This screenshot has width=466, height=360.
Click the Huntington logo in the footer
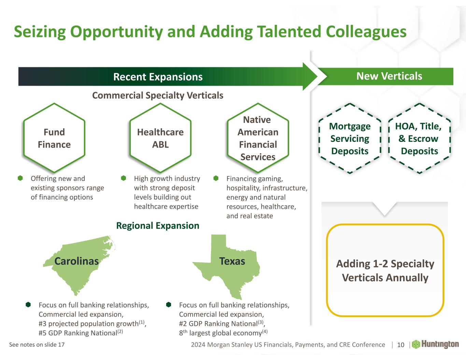(435, 344)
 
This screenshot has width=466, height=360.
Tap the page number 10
(400, 345)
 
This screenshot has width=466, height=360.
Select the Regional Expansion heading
(158, 226)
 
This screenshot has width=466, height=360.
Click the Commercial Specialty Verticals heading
(158, 95)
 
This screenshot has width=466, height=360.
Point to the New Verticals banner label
(389, 76)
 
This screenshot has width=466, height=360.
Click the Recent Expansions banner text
(158, 77)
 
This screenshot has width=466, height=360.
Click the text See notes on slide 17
(37, 345)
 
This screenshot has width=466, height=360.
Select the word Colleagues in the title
(366, 32)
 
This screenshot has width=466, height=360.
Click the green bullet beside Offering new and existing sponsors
(20, 178)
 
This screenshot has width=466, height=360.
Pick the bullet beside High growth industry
(124, 178)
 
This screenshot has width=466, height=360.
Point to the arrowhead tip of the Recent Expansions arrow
(317, 76)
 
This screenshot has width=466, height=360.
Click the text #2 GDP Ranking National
(218, 323)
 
